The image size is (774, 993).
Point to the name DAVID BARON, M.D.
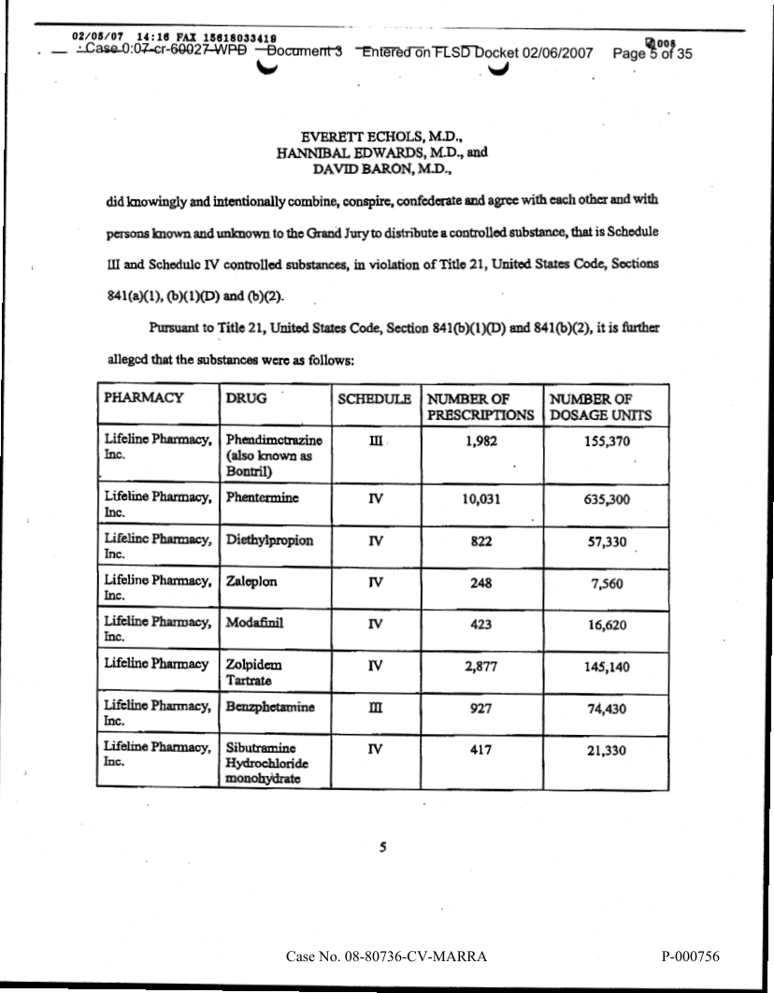point(383,169)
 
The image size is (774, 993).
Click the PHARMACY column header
point(143,397)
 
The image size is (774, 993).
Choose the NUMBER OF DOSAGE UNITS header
point(599,406)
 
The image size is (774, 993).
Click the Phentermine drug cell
point(263,499)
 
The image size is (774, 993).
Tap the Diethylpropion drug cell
point(270,541)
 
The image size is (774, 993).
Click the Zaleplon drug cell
point(252,582)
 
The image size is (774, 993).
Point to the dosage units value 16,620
point(608,625)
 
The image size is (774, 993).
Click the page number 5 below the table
point(383,847)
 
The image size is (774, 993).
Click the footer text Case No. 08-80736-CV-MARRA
point(387,957)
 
